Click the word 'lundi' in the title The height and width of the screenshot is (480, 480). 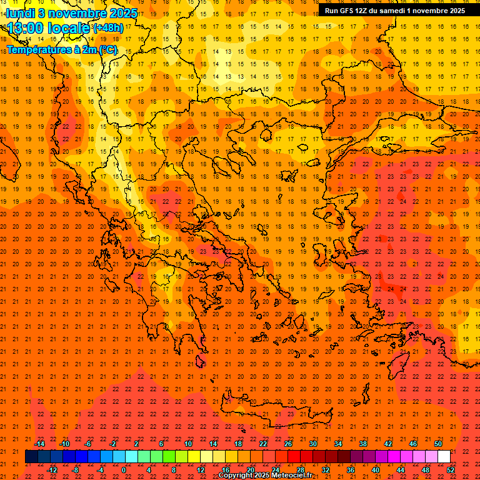pos(20,12)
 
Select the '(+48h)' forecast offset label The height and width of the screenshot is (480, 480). pos(108,28)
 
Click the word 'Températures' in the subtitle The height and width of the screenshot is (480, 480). pos(36,49)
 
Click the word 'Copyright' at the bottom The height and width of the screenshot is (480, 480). pos(237,476)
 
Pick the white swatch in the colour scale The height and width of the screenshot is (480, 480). pos(444,457)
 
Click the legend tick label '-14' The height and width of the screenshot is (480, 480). pos(39,444)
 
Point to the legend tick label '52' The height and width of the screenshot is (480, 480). pos(451,470)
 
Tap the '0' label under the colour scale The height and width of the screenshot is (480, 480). pos(124,470)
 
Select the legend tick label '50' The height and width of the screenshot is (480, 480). pos(438,444)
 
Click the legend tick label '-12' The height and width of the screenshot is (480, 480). pos(52,470)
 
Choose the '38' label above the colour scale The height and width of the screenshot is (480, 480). pos(363,444)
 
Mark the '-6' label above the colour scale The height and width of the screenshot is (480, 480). pos(89,444)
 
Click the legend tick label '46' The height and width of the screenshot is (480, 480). pos(413,444)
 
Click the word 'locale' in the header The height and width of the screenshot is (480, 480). pos(69,28)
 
